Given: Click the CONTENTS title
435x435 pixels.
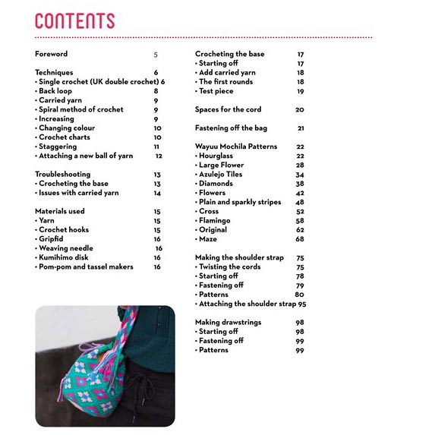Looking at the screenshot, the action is [74, 20].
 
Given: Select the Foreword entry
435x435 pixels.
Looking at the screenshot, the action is [51, 54].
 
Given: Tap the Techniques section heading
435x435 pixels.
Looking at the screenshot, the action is [54, 72].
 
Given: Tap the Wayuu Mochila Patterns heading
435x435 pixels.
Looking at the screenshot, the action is [236, 147].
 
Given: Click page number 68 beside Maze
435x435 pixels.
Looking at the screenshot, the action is [300, 239].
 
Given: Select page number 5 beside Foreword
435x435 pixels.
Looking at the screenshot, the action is [156, 55].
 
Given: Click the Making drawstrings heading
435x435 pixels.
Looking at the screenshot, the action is [228, 322].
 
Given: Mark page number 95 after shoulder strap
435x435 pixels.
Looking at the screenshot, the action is [302, 304].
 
